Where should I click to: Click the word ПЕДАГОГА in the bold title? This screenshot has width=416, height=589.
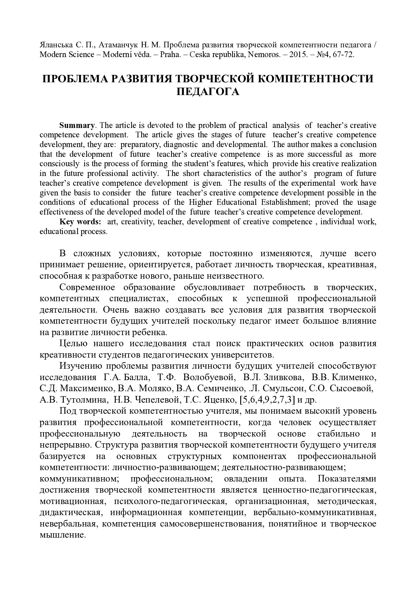(x=208, y=92)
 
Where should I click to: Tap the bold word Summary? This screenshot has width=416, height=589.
(x=77, y=125)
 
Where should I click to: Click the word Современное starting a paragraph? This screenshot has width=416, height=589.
(x=87, y=287)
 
